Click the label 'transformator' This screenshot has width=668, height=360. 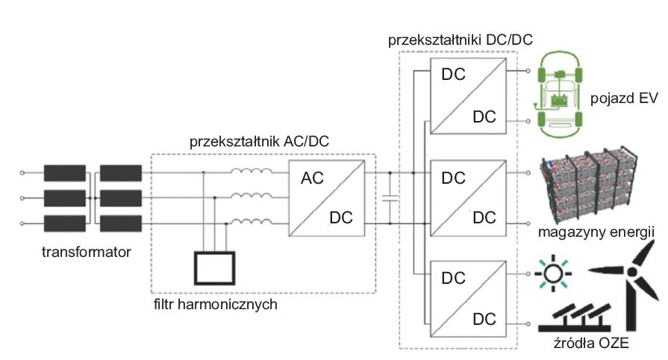[86, 252]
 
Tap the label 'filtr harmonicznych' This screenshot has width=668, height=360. [216, 304]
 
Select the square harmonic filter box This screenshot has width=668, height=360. [215, 268]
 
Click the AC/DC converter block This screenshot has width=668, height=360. [327, 198]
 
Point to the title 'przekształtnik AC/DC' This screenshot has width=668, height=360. [259, 142]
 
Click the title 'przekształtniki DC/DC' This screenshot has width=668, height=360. [461, 40]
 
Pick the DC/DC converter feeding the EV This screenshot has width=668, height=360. [469, 96]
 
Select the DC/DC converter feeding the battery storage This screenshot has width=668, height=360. [469, 198]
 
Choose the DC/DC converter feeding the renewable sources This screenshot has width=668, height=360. [469, 299]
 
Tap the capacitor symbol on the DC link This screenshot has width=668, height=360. [390, 198]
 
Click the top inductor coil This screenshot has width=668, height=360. [252, 172]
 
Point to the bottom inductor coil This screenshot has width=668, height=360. [252, 222]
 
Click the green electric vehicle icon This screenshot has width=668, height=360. [558, 95]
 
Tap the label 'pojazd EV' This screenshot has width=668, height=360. [624, 98]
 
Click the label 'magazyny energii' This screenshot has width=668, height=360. [596, 232]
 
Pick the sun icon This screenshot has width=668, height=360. [553, 273]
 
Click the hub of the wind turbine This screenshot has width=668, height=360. [632, 272]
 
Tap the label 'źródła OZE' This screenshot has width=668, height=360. [591, 343]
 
